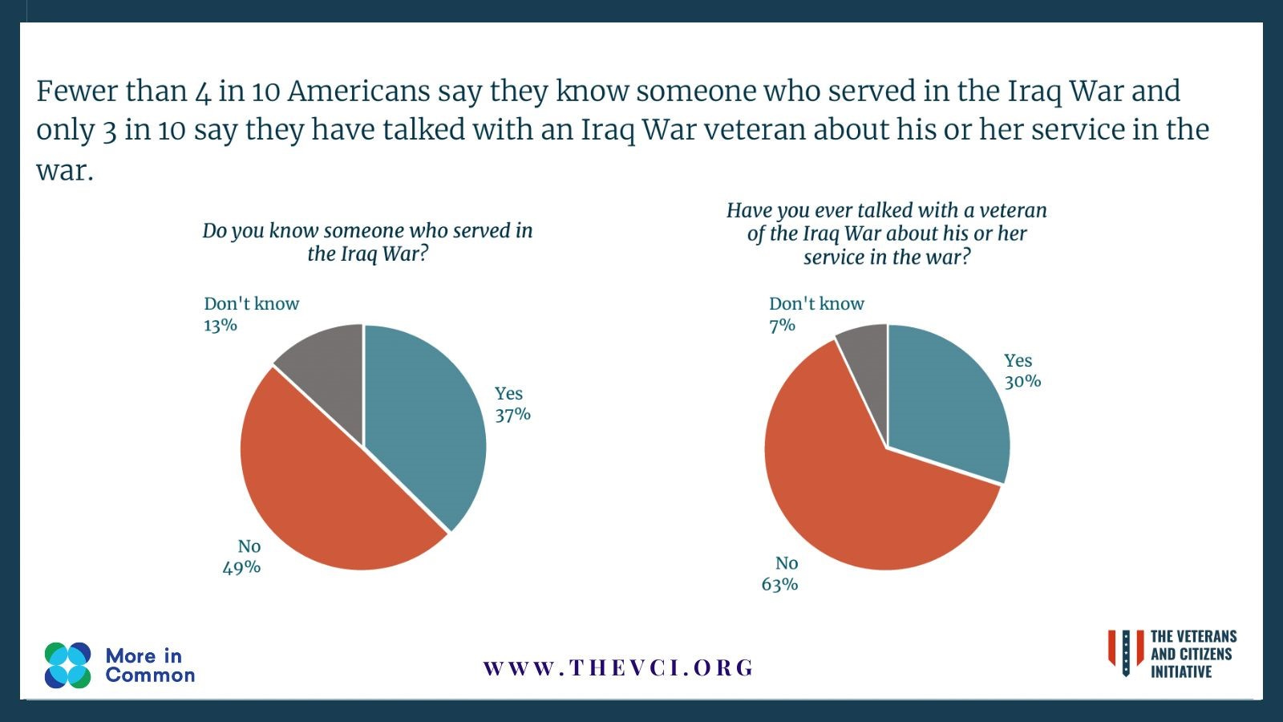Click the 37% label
(x=512, y=415)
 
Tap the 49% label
(x=241, y=567)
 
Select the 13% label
(x=221, y=325)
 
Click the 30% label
(x=1022, y=382)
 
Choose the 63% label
(x=779, y=584)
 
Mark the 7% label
(x=782, y=325)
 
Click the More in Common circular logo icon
(x=68, y=665)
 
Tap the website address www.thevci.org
(x=618, y=667)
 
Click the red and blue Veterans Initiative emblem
(x=1126, y=652)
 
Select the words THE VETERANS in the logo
(x=1193, y=637)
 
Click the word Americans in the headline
(x=358, y=91)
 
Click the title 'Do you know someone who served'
(x=367, y=231)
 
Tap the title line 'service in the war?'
(x=886, y=257)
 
